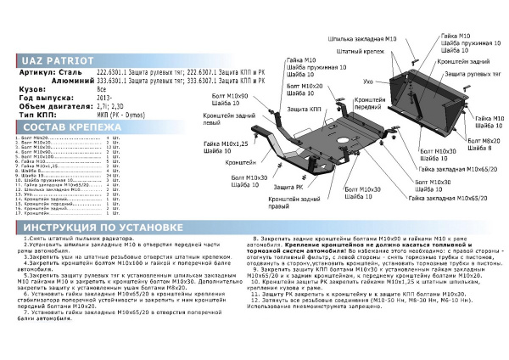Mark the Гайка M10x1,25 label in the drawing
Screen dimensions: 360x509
(225, 146)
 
